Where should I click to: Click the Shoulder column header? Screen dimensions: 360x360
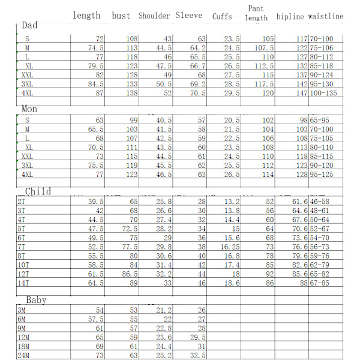(x=154, y=16)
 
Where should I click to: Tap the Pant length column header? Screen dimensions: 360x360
(x=256, y=13)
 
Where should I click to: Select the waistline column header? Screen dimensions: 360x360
(x=326, y=16)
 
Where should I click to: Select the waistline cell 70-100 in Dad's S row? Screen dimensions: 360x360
(x=321, y=39)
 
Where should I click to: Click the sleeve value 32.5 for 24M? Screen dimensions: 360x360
(x=197, y=356)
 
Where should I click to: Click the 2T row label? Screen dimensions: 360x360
(x=21, y=202)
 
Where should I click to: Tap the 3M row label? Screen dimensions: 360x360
(x=22, y=310)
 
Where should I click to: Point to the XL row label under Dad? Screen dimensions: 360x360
(x=28, y=66)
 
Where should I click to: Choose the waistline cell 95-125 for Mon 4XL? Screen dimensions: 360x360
(x=321, y=175)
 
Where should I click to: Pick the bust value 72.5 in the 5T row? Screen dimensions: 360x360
(x=129, y=229)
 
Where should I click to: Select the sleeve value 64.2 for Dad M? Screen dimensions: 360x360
(x=197, y=48)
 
